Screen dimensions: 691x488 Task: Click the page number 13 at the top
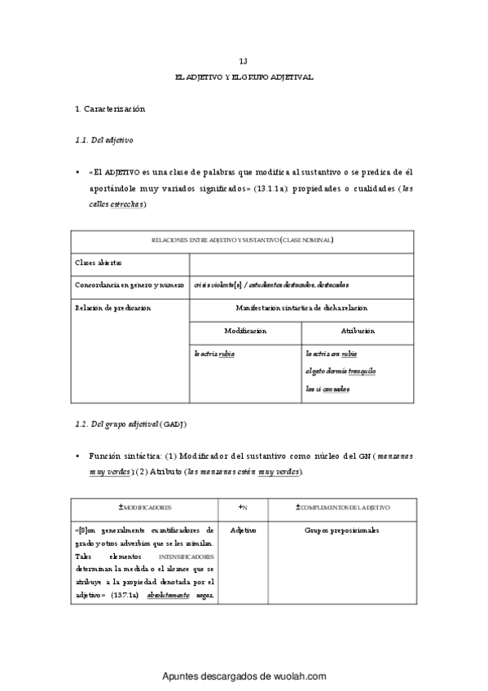click(x=244, y=62)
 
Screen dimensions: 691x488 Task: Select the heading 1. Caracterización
click(x=109, y=108)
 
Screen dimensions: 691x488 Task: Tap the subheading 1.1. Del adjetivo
click(x=103, y=140)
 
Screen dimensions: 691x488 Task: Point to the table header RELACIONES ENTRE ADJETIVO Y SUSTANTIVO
click(x=244, y=240)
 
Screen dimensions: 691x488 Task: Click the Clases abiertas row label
click(x=99, y=263)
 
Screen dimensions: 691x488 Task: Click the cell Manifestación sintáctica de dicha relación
click(x=301, y=308)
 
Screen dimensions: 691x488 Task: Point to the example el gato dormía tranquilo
click(x=341, y=372)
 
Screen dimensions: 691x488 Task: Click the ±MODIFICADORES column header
click(x=145, y=508)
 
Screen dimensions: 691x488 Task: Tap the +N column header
click(x=243, y=508)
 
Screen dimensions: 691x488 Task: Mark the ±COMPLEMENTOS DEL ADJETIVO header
click(x=342, y=508)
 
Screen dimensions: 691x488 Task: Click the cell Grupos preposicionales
click(x=342, y=530)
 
